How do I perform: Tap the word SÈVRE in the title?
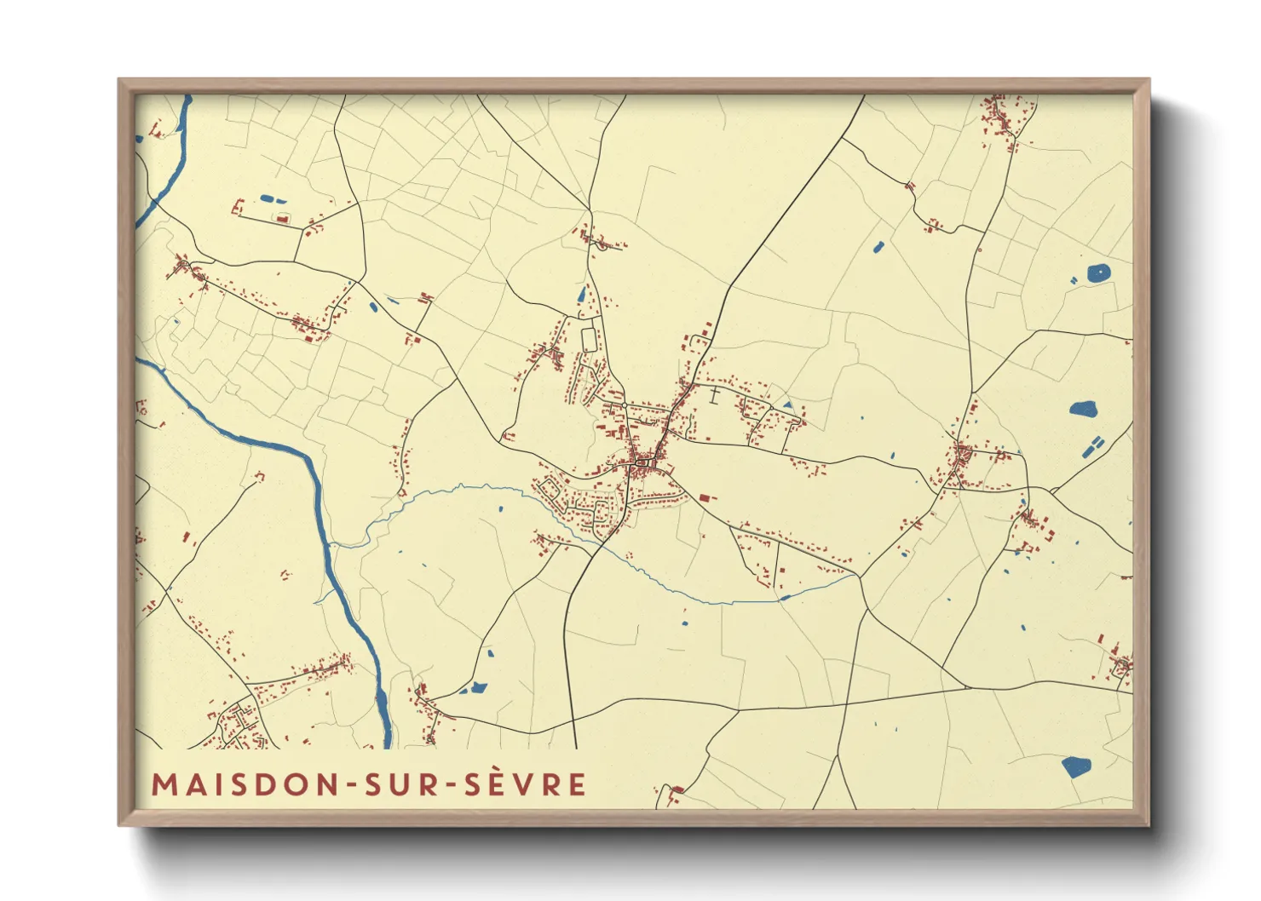[525, 784]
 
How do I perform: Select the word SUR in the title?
[399, 784]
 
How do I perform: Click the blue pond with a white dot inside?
[1099, 273]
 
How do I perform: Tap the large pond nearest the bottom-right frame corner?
[1076, 767]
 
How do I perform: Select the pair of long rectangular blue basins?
[1091, 447]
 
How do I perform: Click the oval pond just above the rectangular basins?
[1084, 410]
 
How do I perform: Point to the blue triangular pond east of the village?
[787, 405]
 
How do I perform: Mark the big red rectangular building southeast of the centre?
[705, 496]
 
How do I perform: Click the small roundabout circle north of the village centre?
[624, 405]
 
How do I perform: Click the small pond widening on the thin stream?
[784, 598]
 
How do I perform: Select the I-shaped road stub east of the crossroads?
[713, 394]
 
